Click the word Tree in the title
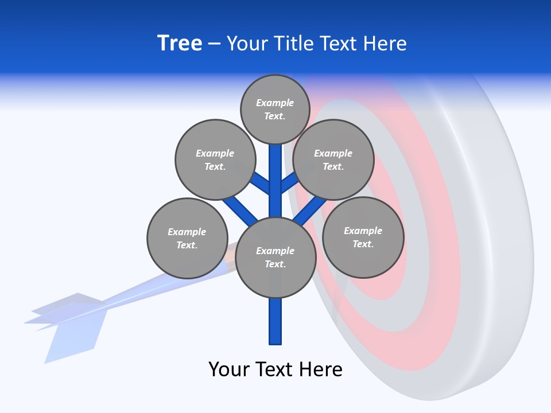[x=180, y=44]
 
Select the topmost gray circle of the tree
[x=275, y=109]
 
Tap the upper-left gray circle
[x=215, y=159]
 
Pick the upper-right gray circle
[x=333, y=159]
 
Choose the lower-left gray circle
[x=187, y=238]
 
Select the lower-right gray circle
[x=363, y=237]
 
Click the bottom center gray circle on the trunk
[x=275, y=257]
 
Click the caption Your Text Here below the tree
[x=275, y=369]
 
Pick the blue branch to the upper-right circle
[x=290, y=182]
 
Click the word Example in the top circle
[x=275, y=103]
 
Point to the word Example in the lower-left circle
[x=187, y=232]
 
